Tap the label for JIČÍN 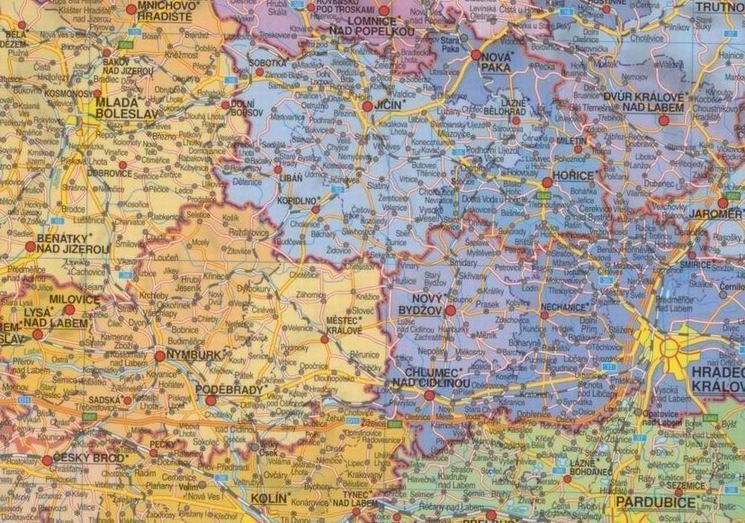[389, 103]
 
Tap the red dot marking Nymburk [160, 355]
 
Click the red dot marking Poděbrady [210, 400]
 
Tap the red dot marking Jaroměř [723, 203]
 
